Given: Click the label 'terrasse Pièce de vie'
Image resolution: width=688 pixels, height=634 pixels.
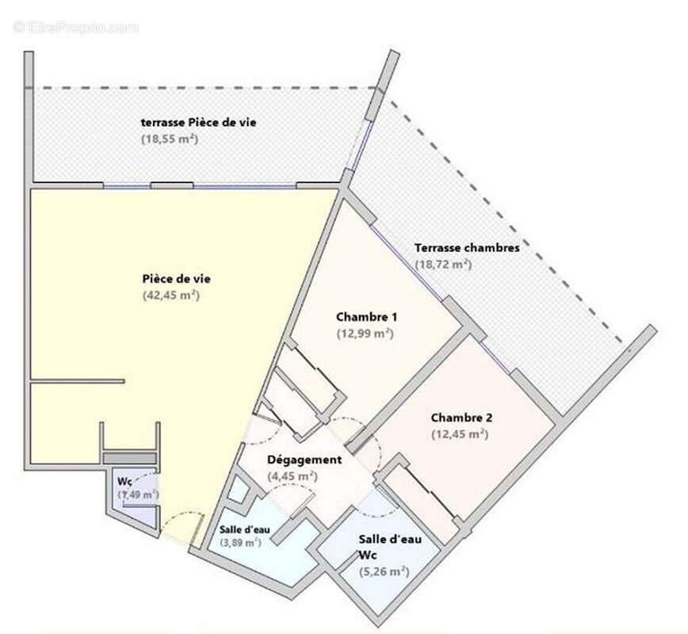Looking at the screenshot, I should tap(198, 122).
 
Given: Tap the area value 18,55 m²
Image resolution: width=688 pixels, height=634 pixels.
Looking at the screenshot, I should tap(169, 139).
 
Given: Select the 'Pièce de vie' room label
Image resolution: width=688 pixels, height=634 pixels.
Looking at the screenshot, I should tap(176, 278).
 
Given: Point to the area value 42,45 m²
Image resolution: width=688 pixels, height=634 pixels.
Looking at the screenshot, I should tap(170, 295).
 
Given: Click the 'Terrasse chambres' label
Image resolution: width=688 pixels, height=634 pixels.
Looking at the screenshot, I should tap(468, 247).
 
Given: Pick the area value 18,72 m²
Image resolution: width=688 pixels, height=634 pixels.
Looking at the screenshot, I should tap(443, 264).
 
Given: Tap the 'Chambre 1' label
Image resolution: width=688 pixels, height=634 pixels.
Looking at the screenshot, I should tap(367, 317).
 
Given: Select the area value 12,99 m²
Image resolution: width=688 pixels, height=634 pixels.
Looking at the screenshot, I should tap(365, 334).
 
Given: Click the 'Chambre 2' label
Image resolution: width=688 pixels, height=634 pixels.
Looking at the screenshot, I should tap(460, 418).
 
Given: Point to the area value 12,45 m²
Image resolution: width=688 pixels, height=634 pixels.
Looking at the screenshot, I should tap(459, 434).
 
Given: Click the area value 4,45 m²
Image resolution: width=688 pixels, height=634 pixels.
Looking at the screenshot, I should tap(292, 476).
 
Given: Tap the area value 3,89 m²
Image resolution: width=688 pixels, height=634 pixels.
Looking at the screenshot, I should tap(240, 543).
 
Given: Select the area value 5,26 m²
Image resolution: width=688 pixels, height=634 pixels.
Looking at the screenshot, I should tap(384, 571).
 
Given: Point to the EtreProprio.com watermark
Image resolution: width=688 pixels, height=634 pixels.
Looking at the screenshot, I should tap(75, 27).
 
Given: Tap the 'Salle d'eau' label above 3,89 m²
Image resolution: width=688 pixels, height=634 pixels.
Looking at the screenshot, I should tap(243, 529).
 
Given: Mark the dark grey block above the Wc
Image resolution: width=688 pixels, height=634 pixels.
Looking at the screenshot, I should tap(130, 458).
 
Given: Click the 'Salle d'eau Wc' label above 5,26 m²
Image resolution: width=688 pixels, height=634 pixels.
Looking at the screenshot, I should tap(389, 546).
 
